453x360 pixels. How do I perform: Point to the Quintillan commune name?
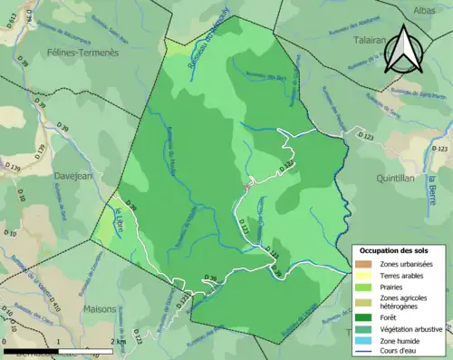[392, 179]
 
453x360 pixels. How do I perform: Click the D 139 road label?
[14, 168]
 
